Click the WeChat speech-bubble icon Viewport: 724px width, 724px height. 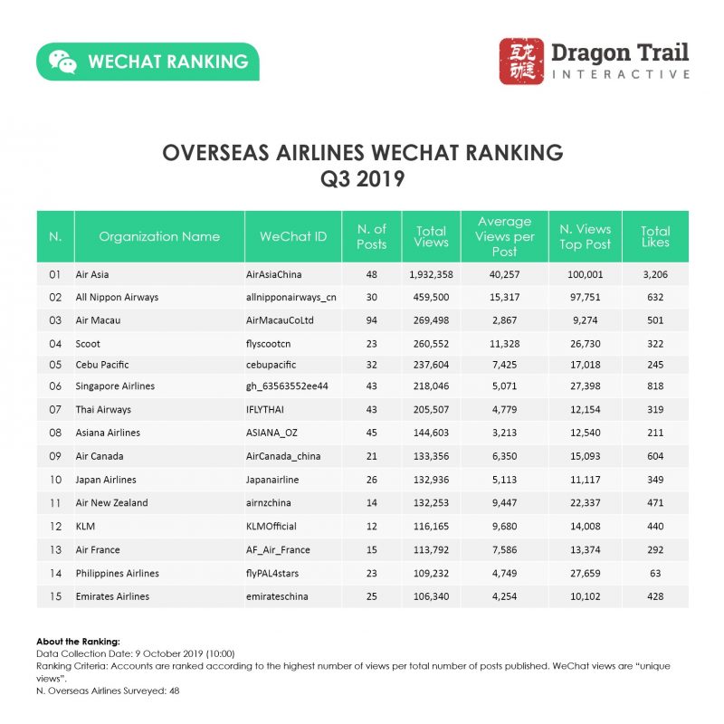[x=62, y=62]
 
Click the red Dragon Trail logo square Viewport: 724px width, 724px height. [x=522, y=62]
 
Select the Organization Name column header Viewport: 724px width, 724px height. [x=159, y=236]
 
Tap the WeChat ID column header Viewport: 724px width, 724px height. [x=293, y=236]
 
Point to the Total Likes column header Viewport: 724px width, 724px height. [x=654, y=236]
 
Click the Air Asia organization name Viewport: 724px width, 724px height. [x=94, y=273]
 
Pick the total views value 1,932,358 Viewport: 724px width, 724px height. [x=431, y=273]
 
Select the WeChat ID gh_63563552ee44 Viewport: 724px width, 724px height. [x=286, y=386]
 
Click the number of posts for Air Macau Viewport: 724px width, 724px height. [x=371, y=319]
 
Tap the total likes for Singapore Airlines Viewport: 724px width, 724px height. [x=655, y=386]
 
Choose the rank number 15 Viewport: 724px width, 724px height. [x=55, y=596]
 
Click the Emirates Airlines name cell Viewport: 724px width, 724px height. [x=114, y=596]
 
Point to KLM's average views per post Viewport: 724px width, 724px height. [x=504, y=526]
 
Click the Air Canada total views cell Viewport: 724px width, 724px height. [x=431, y=456]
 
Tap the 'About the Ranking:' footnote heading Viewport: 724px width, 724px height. [x=75, y=641]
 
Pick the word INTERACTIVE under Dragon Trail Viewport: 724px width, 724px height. [x=620, y=74]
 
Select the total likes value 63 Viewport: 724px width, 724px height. [x=655, y=573]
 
